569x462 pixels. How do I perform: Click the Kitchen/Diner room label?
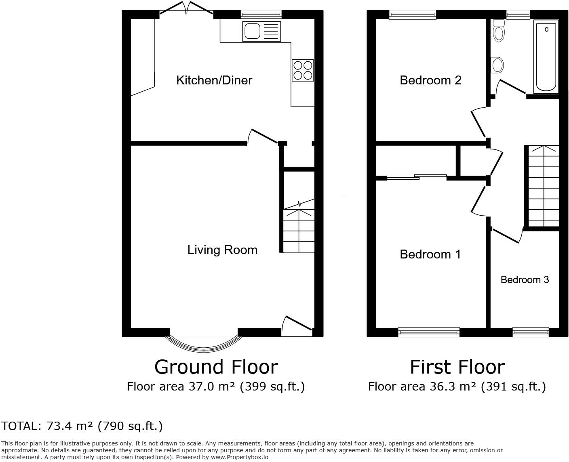tap(214, 80)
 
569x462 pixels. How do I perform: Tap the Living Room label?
tap(222, 250)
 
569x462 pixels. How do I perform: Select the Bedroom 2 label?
tap(430, 80)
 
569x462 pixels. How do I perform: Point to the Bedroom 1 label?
tap(430, 254)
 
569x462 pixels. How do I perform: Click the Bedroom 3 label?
tap(525, 279)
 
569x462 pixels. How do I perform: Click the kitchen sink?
tap(261, 31)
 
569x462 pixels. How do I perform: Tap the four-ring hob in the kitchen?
tap(303, 70)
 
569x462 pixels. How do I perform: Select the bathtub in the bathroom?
tap(546, 57)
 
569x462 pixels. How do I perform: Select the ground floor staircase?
tap(299, 230)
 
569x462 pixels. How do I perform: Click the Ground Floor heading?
tap(216, 367)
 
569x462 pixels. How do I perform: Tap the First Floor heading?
tap(457, 367)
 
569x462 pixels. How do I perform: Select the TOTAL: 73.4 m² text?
tap(82, 426)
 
